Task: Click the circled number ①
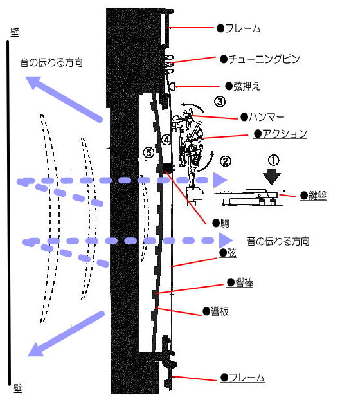pyautogui.click(x=274, y=158)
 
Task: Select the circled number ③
pyautogui.click(x=220, y=101)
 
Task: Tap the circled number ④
pyautogui.click(x=166, y=139)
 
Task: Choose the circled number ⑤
pyautogui.click(x=148, y=152)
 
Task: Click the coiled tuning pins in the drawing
pyautogui.click(x=170, y=62)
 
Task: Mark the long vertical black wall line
pyautogui.click(x=9, y=212)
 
